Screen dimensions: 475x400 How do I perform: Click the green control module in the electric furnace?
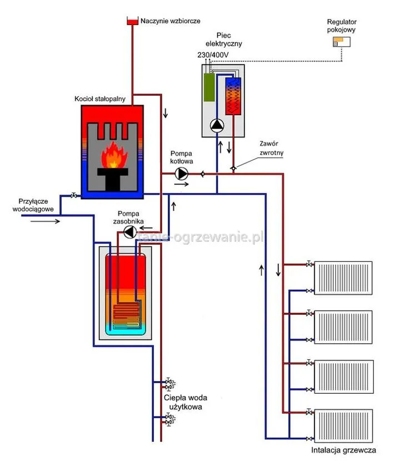click(x=209, y=87)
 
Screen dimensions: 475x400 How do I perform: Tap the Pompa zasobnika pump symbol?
click(x=129, y=231)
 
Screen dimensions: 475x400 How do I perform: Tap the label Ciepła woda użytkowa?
click(x=183, y=402)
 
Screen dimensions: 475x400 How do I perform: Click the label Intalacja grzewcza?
click(x=343, y=451)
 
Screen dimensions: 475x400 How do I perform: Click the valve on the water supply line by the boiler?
click(x=74, y=196)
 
